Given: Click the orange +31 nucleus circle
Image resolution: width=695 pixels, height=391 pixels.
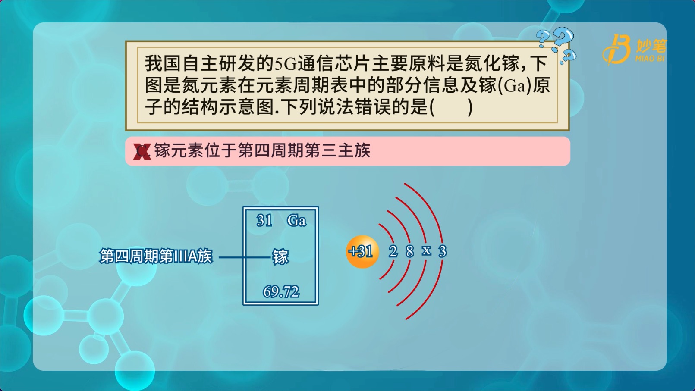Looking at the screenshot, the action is pos(362,251).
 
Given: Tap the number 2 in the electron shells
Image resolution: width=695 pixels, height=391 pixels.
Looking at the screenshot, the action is pos(393,251).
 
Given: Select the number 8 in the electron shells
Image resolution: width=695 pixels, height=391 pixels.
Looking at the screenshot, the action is pos(410,251).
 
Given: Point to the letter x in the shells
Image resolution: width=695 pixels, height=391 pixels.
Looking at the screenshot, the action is pos(426,250).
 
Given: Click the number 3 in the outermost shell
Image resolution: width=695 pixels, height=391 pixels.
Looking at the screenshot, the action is pos(443,251).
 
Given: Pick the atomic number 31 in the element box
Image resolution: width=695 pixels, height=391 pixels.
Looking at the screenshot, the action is pos(264,220).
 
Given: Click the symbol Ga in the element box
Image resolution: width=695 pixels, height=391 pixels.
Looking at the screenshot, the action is pos(297,220).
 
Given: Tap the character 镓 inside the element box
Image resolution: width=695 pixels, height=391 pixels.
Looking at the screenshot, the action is pos(280,257).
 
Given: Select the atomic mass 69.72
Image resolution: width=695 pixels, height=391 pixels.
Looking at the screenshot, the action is pos(281,291).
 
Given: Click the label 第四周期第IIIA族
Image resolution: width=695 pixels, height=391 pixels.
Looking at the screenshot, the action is pos(156,256).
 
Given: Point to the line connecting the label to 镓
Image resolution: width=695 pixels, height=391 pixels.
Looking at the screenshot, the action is pos(245,257).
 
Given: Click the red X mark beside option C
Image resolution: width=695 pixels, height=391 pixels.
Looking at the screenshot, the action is pos(142,152).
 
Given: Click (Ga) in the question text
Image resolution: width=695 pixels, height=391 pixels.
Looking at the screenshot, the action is pos(515,86).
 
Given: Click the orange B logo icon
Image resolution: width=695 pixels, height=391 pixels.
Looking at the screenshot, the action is pos(617,49).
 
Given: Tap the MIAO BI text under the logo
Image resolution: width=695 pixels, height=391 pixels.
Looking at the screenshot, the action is pos(650,58).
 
